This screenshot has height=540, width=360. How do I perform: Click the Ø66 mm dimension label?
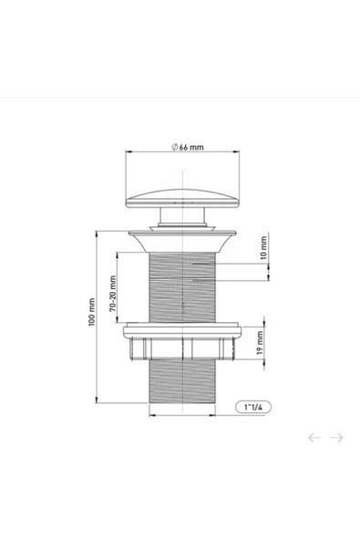click(188, 147)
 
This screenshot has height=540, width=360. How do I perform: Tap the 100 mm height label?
click(91, 312)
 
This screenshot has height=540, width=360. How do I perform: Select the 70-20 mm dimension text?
click(113, 294)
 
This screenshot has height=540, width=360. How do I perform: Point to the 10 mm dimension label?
click(263, 247)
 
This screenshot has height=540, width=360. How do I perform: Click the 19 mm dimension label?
click(260, 343)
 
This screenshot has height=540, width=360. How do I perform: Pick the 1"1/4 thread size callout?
click(253, 407)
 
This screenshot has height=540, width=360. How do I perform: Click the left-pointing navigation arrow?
click(314, 437)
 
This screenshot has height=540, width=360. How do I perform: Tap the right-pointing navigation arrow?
click(336, 437)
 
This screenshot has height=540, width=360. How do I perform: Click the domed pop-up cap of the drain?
click(182, 199)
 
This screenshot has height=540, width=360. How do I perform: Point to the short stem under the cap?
click(182, 215)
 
